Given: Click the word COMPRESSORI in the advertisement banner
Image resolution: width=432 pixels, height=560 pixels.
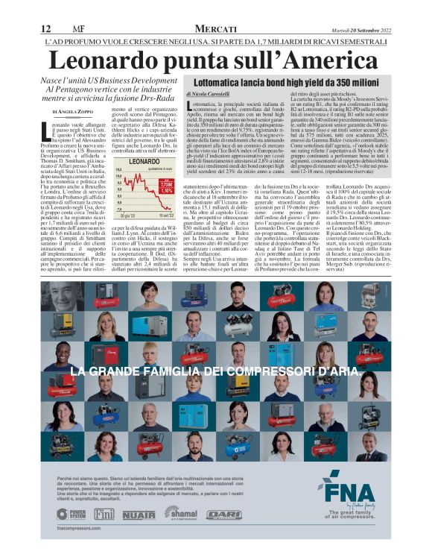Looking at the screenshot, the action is (250, 371).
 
